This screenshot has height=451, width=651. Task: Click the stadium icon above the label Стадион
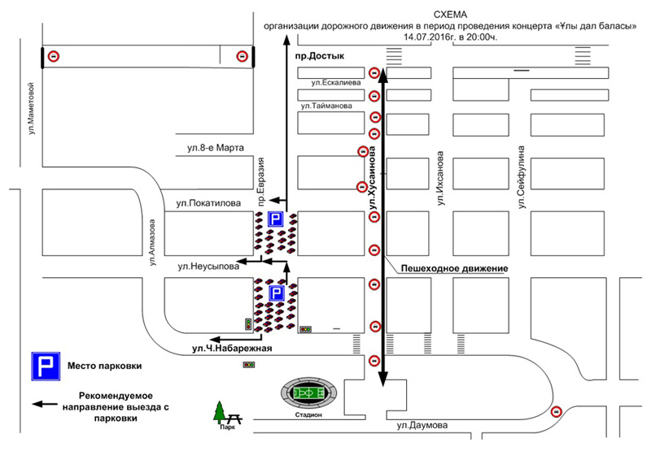click(x=308, y=392)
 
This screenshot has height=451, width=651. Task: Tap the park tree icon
click(x=220, y=412)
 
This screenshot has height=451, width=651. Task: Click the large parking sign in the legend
click(x=46, y=366)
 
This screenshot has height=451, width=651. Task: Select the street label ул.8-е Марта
click(x=216, y=148)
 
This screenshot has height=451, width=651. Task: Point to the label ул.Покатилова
click(x=208, y=203)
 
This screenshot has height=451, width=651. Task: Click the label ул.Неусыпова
click(x=208, y=266)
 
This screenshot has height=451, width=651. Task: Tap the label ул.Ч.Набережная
click(x=232, y=348)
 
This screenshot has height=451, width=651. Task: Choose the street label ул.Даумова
click(x=422, y=425)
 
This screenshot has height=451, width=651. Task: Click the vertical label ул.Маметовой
click(x=32, y=109)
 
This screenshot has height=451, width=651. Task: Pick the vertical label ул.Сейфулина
click(x=522, y=177)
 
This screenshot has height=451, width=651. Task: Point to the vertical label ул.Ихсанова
click(x=440, y=178)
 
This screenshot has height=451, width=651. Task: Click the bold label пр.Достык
click(x=320, y=56)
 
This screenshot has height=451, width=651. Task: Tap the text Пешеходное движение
click(x=455, y=269)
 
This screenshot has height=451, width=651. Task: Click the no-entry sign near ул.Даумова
click(x=556, y=412)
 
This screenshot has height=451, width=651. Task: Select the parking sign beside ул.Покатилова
click(x=276, y=219)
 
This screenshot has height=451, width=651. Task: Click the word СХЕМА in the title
click(x=451, y=15)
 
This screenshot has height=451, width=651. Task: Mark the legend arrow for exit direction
click(x=45, y=404)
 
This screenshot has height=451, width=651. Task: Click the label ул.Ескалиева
click(x=336, y=83)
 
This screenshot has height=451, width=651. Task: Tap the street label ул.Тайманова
click(x=327, y=106)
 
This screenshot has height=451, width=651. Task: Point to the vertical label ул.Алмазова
click(x=152, y=242)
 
